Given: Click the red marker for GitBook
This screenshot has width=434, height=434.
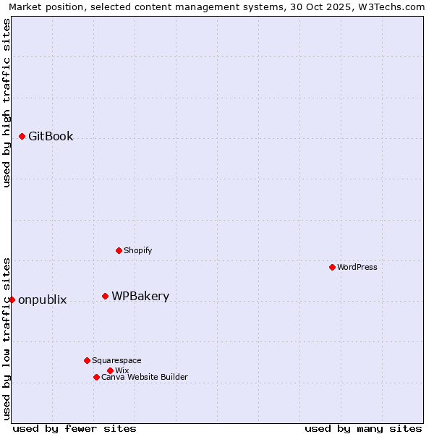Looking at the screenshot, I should (22, 136).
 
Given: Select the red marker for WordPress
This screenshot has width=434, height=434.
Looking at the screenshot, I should (332, 267).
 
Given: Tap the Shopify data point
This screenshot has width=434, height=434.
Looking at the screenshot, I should (119, 250).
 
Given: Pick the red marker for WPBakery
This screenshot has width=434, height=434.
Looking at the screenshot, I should (105, 296).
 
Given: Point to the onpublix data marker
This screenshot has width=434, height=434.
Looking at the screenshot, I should (12, 299).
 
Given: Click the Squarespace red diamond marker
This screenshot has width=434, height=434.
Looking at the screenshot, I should (87, 360).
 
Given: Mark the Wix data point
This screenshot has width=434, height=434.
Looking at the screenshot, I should (110, 370).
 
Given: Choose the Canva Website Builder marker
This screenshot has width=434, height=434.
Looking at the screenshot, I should (96, 377).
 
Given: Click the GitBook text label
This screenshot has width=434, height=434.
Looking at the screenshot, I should (51, 136).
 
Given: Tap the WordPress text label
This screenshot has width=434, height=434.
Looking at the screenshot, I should (357, 267).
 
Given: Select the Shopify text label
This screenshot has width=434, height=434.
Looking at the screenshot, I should (137, 250).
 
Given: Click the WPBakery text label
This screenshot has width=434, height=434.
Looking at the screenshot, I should (140, 296).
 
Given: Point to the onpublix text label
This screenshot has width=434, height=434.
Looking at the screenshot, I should (42, 300).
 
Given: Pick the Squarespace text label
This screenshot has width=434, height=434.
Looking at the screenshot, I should (116, 360).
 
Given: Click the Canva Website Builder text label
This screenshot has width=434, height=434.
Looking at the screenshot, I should (145, 377).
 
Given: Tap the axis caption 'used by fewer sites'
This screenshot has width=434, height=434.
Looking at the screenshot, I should (75, 428).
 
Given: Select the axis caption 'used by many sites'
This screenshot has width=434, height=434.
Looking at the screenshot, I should (363, 428).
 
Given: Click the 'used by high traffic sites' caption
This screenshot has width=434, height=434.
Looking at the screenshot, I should (7, 103).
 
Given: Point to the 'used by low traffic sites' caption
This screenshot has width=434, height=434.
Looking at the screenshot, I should (7, 338).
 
